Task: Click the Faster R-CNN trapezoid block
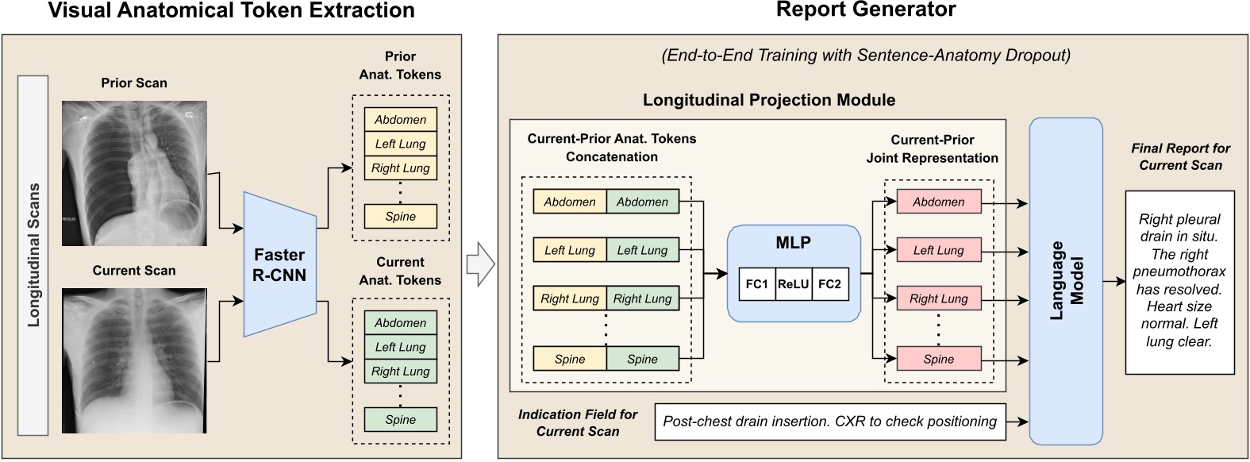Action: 279,264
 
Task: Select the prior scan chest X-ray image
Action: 134,173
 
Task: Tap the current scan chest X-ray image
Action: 134,360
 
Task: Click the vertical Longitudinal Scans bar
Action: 33,255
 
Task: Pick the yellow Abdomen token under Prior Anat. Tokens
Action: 401,120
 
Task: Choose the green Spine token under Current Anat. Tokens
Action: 401,419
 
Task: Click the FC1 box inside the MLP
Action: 757,284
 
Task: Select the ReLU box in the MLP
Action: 793,284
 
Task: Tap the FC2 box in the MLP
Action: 829,284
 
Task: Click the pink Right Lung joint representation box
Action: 938,298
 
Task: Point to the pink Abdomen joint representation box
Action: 938,202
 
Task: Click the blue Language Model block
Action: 1066,281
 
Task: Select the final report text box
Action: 1179,282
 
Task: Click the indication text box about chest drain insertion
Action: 829,422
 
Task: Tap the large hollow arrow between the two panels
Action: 480,264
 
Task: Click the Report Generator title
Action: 866,10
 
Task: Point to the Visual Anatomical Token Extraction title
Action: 232,10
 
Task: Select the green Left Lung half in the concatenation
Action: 643,250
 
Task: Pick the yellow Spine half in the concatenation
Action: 570,359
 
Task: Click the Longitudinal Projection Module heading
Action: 768,100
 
